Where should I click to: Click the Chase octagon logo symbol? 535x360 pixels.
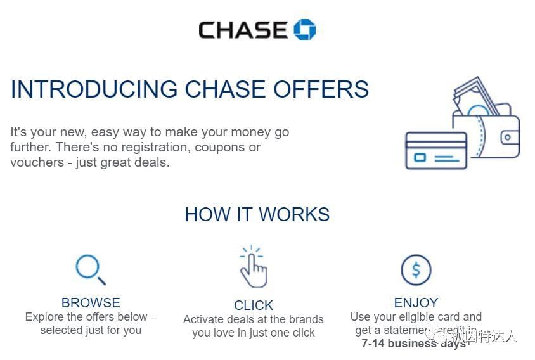coord(304,29)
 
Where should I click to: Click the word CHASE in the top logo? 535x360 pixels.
coord(243,30)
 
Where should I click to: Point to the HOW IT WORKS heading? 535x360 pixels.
coord(257,214)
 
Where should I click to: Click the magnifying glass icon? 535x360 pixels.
coord(90,269)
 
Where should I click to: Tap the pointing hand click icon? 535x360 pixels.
coord(254,267)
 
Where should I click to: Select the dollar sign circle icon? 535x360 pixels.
coord(416,270)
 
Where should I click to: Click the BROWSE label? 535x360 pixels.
coord(91,303)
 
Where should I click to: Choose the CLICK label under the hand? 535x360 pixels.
coord(254,305)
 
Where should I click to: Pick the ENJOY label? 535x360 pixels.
coord(416,303)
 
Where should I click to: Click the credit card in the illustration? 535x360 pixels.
coord(436,151)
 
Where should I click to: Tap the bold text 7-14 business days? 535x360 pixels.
coord(413,344)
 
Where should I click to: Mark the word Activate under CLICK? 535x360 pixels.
coord(205,319)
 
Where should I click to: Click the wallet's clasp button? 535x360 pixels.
coord(509,136)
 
